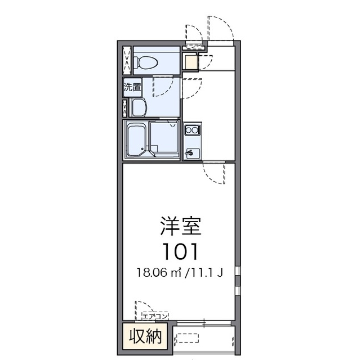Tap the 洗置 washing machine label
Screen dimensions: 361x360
132,87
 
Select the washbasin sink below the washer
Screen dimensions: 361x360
139,107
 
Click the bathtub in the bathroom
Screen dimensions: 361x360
137,139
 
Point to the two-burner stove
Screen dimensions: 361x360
192,130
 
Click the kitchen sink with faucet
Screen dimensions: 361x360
193,153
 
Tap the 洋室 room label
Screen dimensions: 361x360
181,226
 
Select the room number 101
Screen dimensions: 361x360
180,251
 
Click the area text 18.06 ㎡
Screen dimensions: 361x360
159,273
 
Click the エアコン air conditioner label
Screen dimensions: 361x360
155,316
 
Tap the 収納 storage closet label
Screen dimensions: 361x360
145,336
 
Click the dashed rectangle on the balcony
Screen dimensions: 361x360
188,337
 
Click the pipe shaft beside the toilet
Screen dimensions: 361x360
127,60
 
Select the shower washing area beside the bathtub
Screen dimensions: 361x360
164,137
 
